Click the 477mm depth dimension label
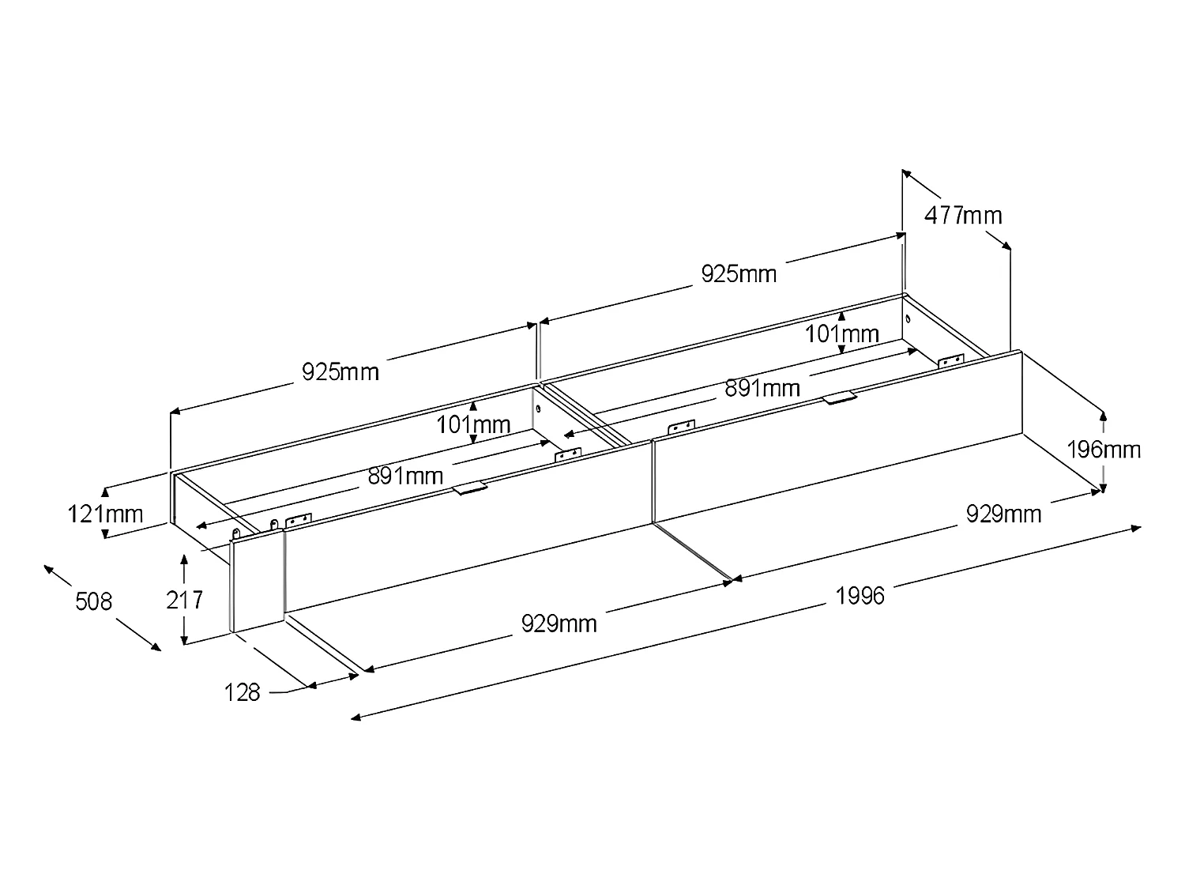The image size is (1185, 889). (962, 215)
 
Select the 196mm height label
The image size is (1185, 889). (1104, 450)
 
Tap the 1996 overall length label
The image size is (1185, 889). (860, 595)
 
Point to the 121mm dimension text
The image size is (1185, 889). (105, 514)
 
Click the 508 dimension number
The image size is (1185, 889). (93, 601)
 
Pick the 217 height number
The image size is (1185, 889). (184, 600)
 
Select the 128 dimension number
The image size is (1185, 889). (242, 692)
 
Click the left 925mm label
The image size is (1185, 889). (340, 371)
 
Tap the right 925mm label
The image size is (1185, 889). (739, 273)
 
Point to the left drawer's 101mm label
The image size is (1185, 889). (473, 425)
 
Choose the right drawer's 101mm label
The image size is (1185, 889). (841, 334)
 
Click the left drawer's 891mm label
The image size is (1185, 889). (405, 477)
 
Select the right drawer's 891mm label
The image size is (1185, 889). (762, 388)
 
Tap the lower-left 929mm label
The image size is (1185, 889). (559, 623)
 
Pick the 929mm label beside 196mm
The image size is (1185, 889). (1003, 514)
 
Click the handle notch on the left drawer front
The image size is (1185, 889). (470, 489)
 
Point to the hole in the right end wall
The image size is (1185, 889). (908, 319)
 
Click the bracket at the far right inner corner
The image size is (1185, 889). (950, 360)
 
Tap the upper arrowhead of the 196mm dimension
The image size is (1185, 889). (1103, 413)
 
